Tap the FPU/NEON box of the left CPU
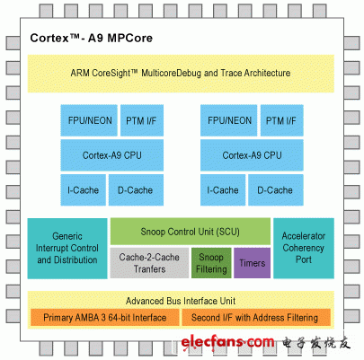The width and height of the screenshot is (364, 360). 87,120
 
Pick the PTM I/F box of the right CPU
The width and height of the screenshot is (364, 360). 279,120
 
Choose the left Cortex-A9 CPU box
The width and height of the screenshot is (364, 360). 111,154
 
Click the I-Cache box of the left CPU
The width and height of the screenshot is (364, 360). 83,189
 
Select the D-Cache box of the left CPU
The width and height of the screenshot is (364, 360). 135,189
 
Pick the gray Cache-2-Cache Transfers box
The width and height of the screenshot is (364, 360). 148,263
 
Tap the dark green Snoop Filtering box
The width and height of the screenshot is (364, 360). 211,263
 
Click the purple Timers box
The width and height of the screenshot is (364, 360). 251,263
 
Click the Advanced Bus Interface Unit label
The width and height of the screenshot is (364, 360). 181,300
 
